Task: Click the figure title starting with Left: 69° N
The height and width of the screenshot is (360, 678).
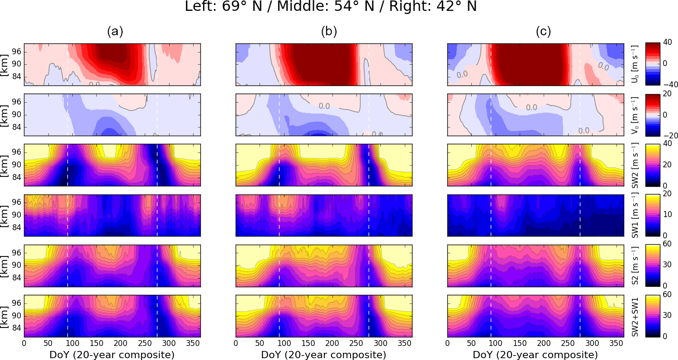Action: point(331,8)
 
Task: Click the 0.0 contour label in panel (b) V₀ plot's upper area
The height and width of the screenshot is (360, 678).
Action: point(324,106)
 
